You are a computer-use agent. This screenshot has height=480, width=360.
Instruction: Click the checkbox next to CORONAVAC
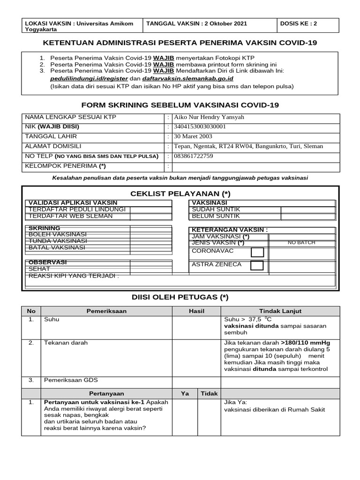pyautogui.click(x=257, y=253)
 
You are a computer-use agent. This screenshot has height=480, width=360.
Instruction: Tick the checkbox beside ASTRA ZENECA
pyautogui.click(x=257, y=266)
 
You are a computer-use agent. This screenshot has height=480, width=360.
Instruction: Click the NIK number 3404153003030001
pyautogui.click(x=200, y=127)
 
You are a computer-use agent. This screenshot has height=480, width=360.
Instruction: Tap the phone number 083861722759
pyautogui.click(x=194, y=156)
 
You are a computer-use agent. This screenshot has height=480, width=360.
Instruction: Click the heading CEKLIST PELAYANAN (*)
pyautogui.click(x=180, y=194)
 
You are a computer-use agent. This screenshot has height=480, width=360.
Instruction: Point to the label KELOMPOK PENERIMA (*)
pyautogui.click(x=65, y=166)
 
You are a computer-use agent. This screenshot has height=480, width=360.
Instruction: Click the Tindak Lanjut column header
pyautogui.click(x=280, y=311)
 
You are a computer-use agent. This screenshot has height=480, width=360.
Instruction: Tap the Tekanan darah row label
pyautogui.click(x=66, y=343)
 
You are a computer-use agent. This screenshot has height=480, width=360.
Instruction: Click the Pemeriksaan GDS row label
pyautogui.click(x=71, y=380)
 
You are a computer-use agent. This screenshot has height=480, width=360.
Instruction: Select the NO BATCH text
pyautogui.click(x=301, y=242)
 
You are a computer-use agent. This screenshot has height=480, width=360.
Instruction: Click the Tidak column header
pyautogui.click(x=210, y=393)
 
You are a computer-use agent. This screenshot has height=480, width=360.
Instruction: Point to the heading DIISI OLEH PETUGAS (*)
pyautogui.click(x=180, y=297)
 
